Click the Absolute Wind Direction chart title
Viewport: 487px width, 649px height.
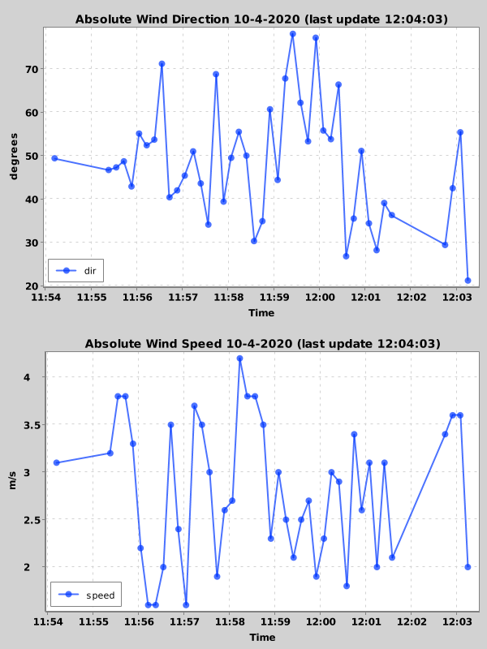point(262,19)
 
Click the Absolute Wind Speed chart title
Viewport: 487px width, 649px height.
point(262,343)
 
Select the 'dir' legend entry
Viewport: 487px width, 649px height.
point(76,270)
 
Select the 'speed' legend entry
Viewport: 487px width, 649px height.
point(86,595)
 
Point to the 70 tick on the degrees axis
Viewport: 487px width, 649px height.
point(31,69)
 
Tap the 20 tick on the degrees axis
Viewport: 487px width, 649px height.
point(31,286)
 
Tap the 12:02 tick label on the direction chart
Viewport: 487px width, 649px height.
point(412,298)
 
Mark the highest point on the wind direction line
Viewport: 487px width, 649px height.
point(293,34)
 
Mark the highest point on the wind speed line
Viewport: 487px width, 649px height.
point(240,359)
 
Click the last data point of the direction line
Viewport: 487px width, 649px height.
point(468,281)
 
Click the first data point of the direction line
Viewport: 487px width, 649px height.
point(54,158)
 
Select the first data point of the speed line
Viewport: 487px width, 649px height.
point(57,462)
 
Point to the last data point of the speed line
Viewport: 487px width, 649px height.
point(468,566)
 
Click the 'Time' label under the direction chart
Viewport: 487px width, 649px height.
point(261,313)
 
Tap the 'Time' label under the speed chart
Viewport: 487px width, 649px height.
point(261,638)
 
